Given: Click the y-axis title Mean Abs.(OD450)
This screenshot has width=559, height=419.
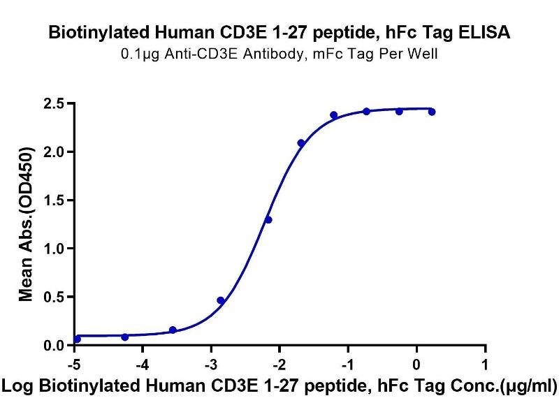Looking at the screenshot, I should [x=27, y=224].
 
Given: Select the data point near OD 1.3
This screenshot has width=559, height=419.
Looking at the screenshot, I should [x=268, y=220].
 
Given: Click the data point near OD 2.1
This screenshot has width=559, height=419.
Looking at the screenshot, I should [x=301, y=143].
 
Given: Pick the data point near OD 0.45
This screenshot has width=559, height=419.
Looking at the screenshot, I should [x=221, y=300].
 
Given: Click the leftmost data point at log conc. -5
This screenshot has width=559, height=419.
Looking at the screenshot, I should [x=77, y=339].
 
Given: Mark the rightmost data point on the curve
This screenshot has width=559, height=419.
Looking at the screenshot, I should [x=432, y=112].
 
